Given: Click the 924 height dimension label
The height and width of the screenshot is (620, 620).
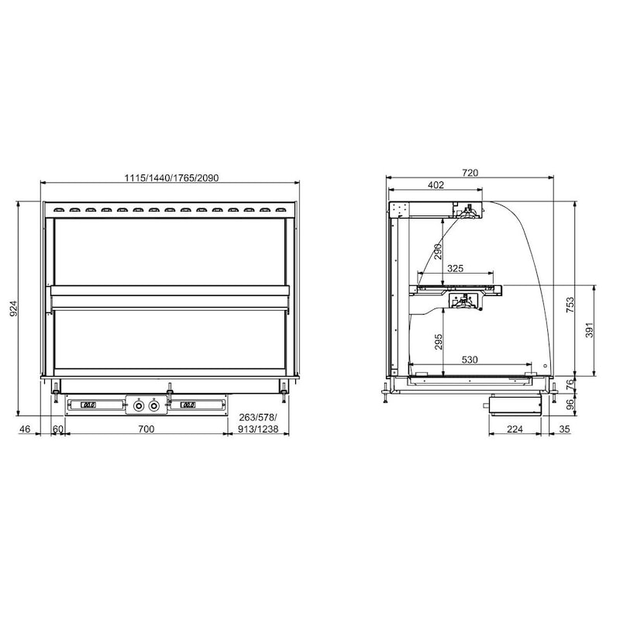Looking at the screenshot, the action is point(13,308).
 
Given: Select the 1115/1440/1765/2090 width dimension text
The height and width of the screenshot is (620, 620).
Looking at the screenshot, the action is point(171,178).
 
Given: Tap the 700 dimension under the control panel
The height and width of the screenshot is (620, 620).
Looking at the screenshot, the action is point(146,429).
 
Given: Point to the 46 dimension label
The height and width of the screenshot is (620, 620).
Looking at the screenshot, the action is point(25,429).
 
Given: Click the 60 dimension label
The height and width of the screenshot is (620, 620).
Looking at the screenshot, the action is point(57,429).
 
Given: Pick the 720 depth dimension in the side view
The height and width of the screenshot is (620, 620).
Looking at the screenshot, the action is point(470,173).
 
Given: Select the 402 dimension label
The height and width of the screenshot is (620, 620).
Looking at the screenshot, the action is point(436,184).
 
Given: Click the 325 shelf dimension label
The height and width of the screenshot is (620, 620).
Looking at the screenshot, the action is point(455,268).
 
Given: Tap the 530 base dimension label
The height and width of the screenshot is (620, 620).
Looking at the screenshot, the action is point(470,360).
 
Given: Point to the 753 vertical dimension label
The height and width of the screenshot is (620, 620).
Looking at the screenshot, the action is point(570,305).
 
